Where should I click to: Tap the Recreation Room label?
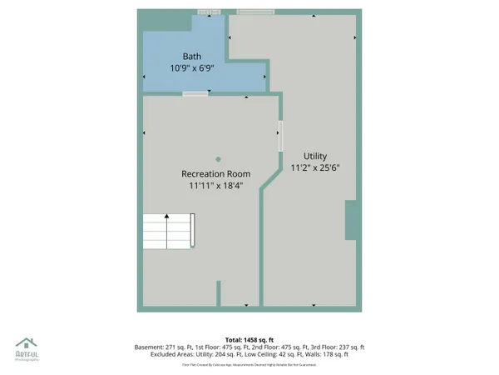pyautogui.click(x=216, y=173)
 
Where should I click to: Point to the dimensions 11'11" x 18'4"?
pyautogui.click(x=216, y=186)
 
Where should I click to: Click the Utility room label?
pyautogui.click(x=315, y=156)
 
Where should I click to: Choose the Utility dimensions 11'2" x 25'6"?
pyautogui.click(x=315, y=167)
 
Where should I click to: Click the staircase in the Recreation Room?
pyautogui.click(x=170, y=229)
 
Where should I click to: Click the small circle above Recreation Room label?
pyautogui.click(x=218, y=159)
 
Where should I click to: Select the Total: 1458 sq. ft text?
pyautogui.click(x=249, y=339)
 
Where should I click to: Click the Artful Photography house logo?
pyautogui.click(x=27, y=343)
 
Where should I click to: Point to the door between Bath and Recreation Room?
pyautogui.click(x=195, y=94)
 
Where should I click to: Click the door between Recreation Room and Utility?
pyautogui.click(x=280, y=136)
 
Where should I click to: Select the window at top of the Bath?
pyautogui.click(x=204, y=12)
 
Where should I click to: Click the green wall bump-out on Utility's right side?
pyautogui.click(x=352, y=220)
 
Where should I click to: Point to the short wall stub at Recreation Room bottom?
pyautogui.click(x=220, y=293)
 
